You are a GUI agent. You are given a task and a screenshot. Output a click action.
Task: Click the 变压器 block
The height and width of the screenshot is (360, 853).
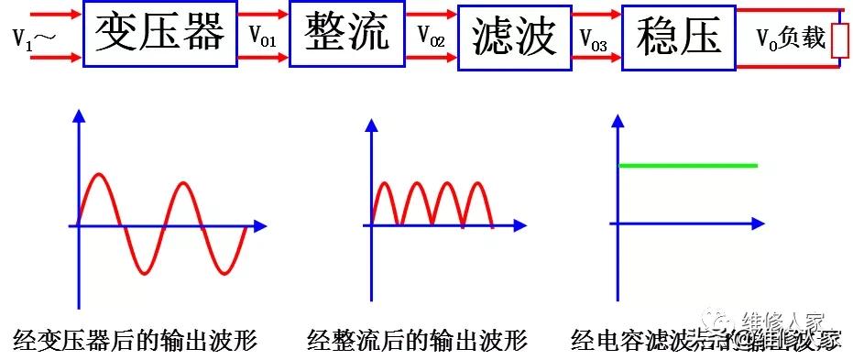click(160, 35)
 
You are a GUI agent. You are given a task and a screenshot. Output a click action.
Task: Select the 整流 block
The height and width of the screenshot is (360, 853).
click(346, 33)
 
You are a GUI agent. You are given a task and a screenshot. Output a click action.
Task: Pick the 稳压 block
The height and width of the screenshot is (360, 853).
click(678, 37)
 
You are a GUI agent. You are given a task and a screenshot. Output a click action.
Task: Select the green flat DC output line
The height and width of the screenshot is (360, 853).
click(689, 165)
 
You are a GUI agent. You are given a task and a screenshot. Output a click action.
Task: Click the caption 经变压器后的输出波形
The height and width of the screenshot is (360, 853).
click(136, 342)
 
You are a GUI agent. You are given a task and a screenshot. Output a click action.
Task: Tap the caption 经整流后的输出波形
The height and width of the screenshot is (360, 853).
click(418, 342)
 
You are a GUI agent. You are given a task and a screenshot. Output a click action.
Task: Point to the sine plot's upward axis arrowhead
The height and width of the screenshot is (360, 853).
click(79, 115)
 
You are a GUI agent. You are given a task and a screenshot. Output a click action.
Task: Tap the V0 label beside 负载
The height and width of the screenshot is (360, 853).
click(767, 38)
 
